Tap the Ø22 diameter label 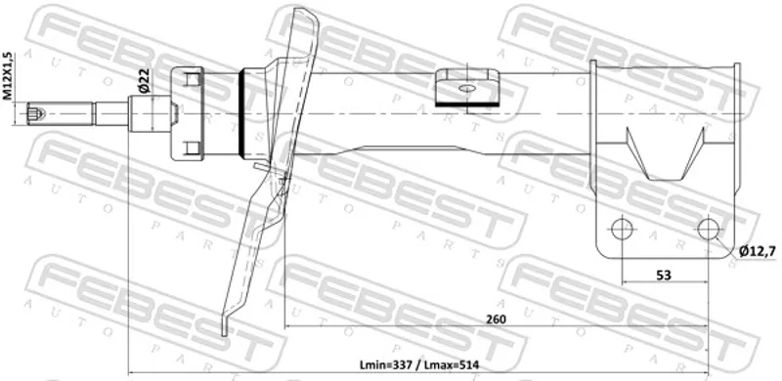[x=145, y=80]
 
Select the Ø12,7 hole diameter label [x=757, y=252]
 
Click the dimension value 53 [x=664, y=275]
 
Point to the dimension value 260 [x=496, y=319]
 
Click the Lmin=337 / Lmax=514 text [x=419, y=365]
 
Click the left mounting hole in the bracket [x=622, y=229]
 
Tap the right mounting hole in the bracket [x=708, y=229]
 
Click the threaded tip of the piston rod [x=36, y=113]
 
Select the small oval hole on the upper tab [x=467, y=88]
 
